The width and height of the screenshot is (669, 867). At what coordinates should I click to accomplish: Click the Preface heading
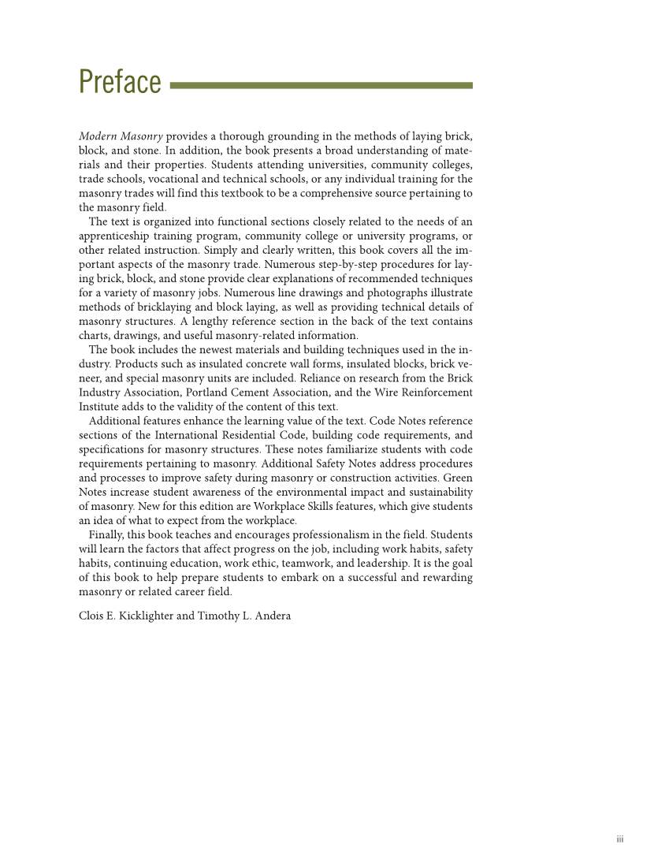pos(120,82)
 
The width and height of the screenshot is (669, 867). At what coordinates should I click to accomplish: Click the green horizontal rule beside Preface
pos(321,85)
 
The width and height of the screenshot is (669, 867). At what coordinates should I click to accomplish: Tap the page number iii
pos(620,839)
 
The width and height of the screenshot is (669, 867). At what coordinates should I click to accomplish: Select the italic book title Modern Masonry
pos(121,136)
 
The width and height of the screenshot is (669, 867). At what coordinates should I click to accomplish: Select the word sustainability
pos(436,492)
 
